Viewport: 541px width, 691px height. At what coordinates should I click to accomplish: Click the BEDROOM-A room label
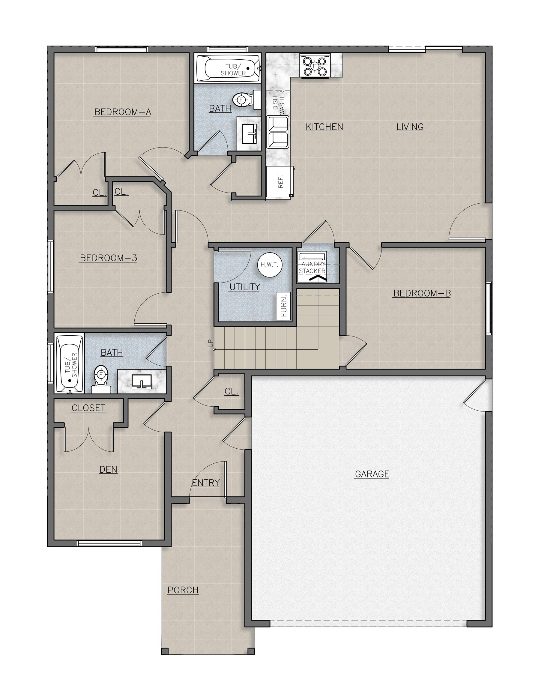[x=123, y=112]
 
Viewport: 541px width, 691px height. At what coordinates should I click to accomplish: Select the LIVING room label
[x=410, y=127]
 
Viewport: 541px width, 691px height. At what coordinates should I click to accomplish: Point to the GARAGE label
[x=372, y=474]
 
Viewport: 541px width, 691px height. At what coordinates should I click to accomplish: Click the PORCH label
[x=183, y=590]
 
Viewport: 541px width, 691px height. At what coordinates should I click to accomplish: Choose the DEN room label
[x=108, y=469]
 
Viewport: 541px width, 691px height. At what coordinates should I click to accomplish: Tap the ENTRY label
[x=206, y=483]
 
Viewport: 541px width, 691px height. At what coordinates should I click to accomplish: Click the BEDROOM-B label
[x=422, y=293]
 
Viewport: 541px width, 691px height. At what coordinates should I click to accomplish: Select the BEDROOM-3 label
[x=108, y=258]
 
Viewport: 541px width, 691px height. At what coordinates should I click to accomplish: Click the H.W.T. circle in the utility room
[x=270, y=265]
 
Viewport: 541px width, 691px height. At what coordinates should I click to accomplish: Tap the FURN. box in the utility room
[x=283, y=306]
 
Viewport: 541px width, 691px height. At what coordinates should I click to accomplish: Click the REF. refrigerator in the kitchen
[x=281, y=182]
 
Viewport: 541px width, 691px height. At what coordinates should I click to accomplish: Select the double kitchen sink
[x=278, y=132]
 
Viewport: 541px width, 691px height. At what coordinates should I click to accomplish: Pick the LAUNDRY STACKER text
[x=312, y=268]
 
